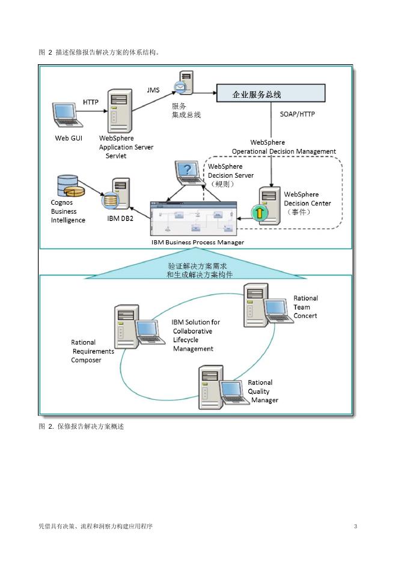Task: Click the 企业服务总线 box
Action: (x=270, y=94)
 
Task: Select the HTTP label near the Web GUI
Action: (x=91, y=101)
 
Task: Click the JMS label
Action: (x=153, y=89)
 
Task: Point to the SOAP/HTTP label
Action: (x=298, y=113)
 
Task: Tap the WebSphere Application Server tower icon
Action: (x=119, y=110)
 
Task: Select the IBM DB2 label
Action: (x=120, y=219)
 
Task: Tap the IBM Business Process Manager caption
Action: (x=198, y=242)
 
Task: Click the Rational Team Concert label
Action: (x=305, y=307)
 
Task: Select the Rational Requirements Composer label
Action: (x=92, y=351)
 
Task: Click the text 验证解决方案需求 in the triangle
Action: (x=197, y=265)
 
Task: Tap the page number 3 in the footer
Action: (x=355, y=527)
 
